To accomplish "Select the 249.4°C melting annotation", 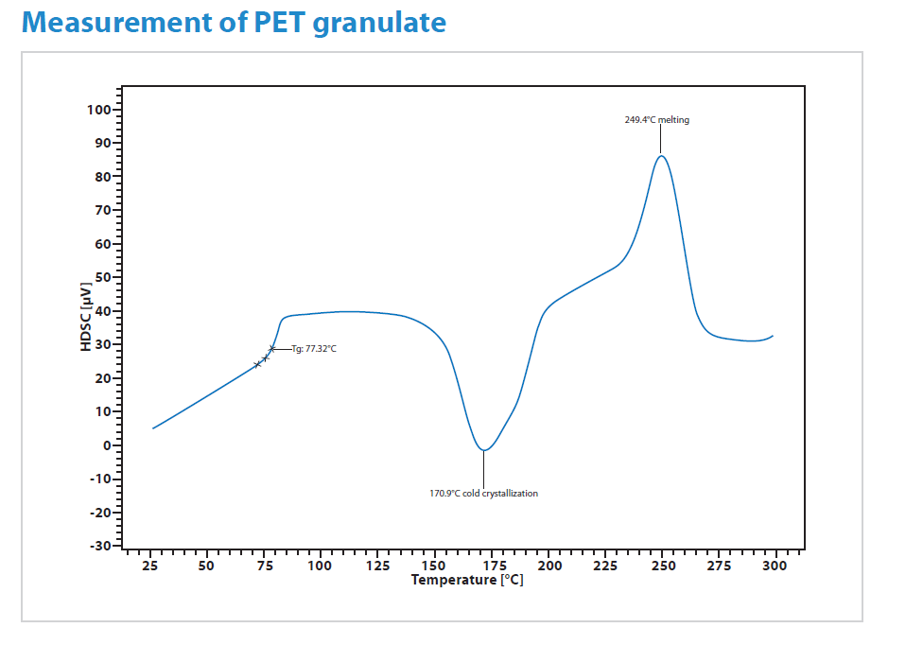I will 657,120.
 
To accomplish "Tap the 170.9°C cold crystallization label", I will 483,493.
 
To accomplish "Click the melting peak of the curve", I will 661,156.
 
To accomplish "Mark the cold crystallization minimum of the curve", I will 483,450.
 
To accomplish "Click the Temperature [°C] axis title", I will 466,580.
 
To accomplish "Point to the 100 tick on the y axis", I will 98,110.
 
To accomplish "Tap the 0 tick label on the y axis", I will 107,445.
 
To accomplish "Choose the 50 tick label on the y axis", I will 102,277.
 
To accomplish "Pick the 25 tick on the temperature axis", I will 149,566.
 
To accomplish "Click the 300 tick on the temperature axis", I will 775,566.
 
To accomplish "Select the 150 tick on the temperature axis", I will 434,566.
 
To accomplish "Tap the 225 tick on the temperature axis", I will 605,566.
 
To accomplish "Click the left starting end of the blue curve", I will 153,428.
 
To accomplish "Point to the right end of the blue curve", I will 773,336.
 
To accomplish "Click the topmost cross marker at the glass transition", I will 272,349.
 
